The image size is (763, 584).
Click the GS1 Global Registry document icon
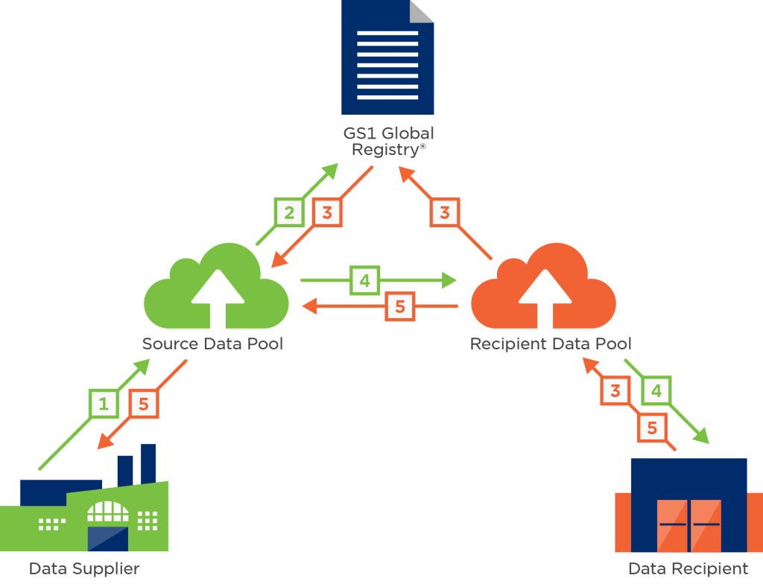(x=387, y=57)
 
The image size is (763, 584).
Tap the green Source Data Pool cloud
(x=216, y=286)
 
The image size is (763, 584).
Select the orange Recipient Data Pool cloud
(x=543, y=286)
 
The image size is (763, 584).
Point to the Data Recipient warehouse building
(x=688, y=505)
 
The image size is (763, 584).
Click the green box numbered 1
(x=104, y=404)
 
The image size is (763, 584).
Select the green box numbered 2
(x=289, y=212)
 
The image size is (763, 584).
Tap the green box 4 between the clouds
(x=364, y=280)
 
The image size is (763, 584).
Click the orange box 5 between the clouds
(x=400, y=306)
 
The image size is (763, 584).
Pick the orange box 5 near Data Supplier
(x=144, y=404)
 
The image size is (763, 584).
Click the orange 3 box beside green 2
(x=327, y=212)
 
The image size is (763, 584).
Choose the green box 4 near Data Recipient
(x=656, y=390)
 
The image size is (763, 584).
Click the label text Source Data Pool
(x=212, y=343)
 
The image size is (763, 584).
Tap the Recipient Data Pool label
(x=551, y=343)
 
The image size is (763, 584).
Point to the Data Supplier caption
(x=84, y=568)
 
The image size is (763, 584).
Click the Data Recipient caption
(x=688, y=568)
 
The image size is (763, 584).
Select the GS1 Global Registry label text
(x=388, y=141)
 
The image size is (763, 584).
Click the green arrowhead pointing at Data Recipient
(x=700, y=436)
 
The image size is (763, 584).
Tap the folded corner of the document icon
(x=421, y=10)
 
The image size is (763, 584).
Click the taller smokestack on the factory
(x=148, y=464)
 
